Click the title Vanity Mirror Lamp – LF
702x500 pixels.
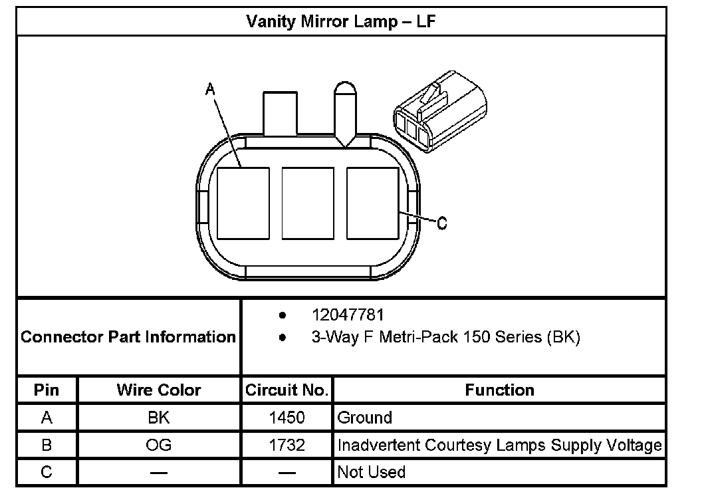pos(341,21)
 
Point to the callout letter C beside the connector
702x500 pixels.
pos(442,223)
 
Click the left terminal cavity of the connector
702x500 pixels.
pos(243,203)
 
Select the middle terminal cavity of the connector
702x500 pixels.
pos(308,203)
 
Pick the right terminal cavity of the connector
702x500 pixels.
pos(372,203)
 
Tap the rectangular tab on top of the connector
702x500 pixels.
pos(280,114)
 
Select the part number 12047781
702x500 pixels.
pos(348,314)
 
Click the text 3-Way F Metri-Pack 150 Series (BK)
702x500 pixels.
pos(445,337)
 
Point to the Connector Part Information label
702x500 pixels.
pos(128,336)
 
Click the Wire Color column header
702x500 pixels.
pos(159,390)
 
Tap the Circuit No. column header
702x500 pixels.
pos(287,390)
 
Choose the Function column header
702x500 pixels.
pos(499,390)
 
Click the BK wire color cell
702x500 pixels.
pos(159,418)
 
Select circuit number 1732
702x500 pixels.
pos(287,445)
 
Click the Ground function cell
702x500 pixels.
pos(365,418)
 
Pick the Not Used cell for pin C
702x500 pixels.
pos(372,472)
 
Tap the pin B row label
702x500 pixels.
pos(47,445)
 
